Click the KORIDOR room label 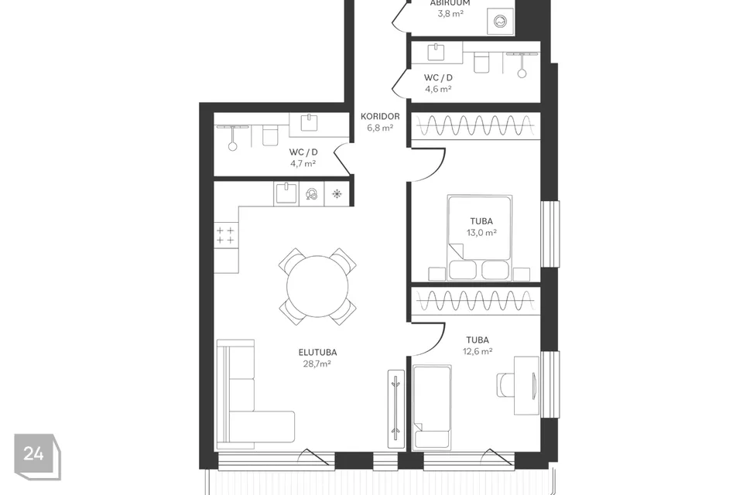(x=380, y=117)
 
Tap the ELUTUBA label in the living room (x=317, y=353)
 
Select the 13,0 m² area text (x=481, y=233)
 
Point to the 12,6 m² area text (x=478, y=351)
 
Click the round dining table (x=317, y=286)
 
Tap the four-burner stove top (x=225, y=235)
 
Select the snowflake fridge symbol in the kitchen (x=337, y=193)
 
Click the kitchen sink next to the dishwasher (x=286, y=193)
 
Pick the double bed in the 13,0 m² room (x=479, y=237)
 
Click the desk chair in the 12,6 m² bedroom (x=505, y=384)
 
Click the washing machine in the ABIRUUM (x=501, y=22)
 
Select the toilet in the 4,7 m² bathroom (x=270, y=136)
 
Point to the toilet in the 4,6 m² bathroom (x=481, y=63)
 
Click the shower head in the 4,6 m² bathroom (x=522, y=73)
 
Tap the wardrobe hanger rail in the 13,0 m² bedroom (x=475, y=126)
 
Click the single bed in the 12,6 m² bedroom (x=432, y=407)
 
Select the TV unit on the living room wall (x=395, y=409)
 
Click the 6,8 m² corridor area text (x=380, y=128)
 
